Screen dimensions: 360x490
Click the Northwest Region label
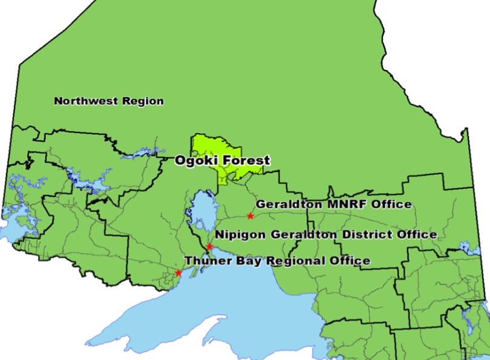109,101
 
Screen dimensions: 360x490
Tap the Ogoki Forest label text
222,160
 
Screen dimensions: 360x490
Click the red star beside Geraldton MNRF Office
250,216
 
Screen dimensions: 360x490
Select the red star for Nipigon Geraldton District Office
209,247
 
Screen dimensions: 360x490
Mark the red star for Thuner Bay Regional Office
178,273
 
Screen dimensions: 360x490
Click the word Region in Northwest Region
143,101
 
